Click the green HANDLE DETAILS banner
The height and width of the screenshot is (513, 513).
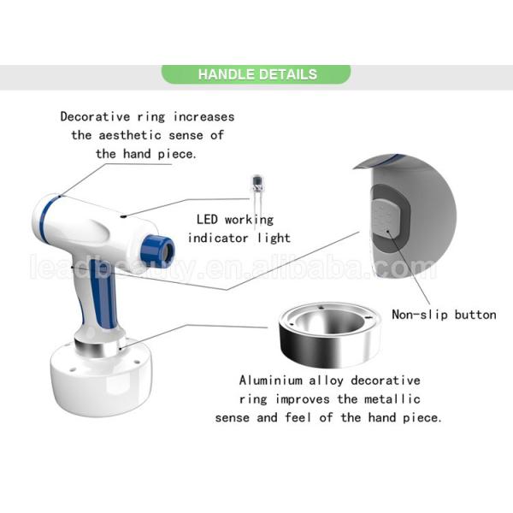(256, 74)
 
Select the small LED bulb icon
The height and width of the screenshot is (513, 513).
(256, 193)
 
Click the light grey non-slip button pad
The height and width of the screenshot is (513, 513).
(386, 217)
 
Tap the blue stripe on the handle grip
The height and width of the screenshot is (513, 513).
(104, 293)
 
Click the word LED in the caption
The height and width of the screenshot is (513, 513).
(207, 219)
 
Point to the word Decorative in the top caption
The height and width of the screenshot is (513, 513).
(95, 116)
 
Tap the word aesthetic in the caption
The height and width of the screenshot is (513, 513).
(130, 135)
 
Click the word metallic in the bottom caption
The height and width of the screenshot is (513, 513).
(392, 399)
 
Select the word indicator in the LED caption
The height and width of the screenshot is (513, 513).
(218, 238)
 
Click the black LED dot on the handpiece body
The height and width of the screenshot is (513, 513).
(123, 216)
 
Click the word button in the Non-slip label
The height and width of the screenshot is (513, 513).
(475, 315)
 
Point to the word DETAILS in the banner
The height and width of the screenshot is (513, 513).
(289, 74)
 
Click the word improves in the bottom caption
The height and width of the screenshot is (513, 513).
(303, 399)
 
